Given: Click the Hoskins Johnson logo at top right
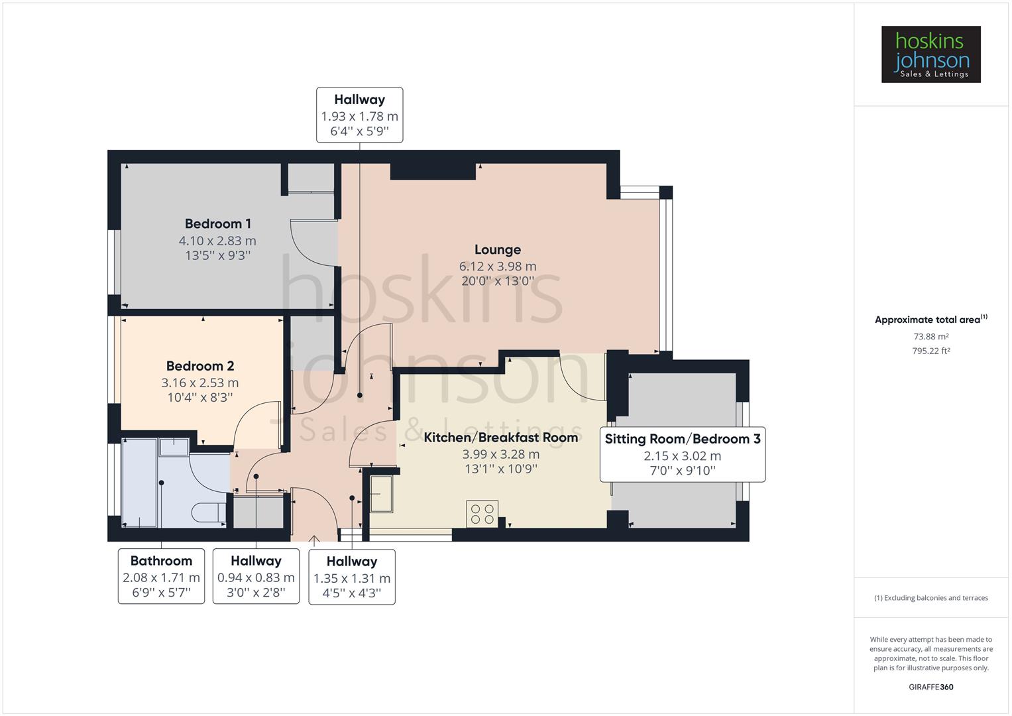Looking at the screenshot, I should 930,54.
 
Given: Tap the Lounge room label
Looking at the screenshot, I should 497,250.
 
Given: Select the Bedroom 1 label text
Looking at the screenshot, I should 217,224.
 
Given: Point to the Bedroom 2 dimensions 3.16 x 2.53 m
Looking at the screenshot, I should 199,383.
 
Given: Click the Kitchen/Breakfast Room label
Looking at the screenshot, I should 500,438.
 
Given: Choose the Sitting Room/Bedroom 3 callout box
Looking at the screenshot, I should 682,454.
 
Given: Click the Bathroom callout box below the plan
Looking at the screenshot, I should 161,576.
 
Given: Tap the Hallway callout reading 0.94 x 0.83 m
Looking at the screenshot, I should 256,576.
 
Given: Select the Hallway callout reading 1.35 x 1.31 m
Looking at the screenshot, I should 352,577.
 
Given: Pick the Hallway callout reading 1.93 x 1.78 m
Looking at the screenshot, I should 359,115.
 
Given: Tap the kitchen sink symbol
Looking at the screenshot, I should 380,494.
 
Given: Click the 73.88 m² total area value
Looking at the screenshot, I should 930,337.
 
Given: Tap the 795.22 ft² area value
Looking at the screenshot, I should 930,351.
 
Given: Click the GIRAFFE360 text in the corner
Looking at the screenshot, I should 930,687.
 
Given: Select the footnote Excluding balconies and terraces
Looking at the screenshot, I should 930,598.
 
